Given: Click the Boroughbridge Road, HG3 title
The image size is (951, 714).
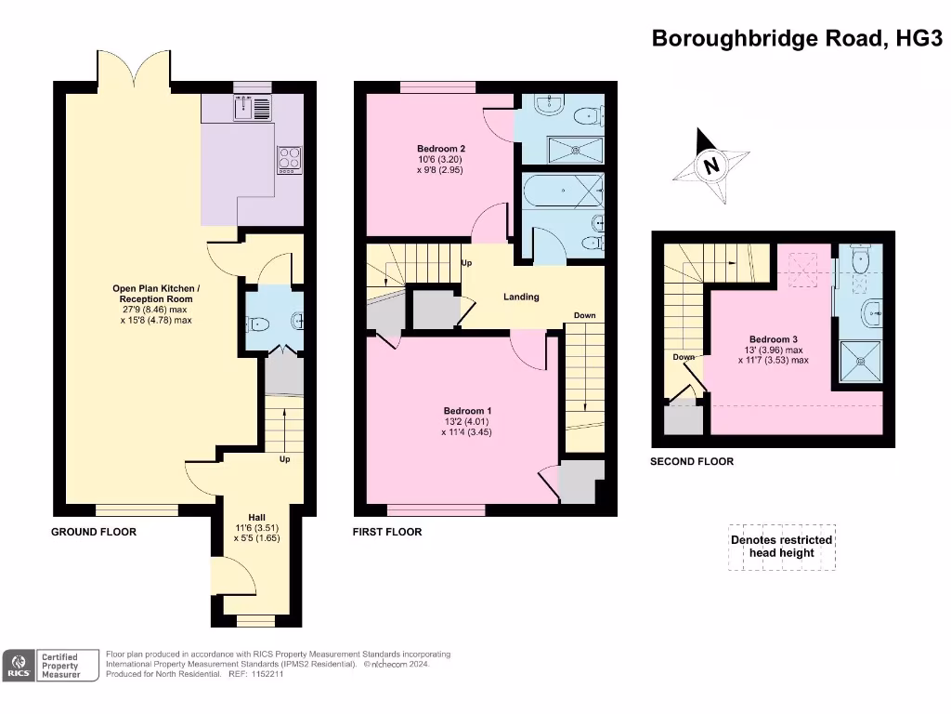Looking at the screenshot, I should (797, 38).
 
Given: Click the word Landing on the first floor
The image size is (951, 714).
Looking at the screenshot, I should (521, 297).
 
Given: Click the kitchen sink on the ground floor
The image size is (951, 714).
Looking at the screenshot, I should (252, 109).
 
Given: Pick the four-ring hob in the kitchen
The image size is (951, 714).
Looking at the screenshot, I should (288, 159).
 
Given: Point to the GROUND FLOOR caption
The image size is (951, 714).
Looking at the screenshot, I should (93, 532).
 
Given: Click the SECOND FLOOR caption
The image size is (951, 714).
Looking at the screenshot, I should (691, 461).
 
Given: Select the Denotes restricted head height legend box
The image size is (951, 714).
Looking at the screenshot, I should (781, 547).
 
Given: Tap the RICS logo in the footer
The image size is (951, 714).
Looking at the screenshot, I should (19, 665).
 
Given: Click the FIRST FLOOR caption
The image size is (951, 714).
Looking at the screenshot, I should (387, 532).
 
